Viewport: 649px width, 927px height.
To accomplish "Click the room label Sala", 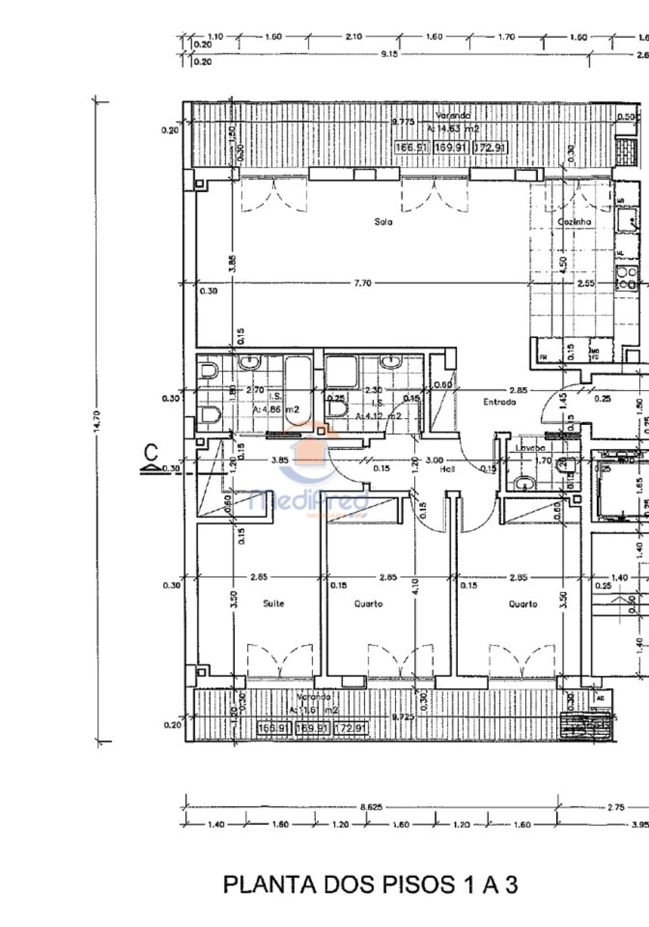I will tap(383, 221).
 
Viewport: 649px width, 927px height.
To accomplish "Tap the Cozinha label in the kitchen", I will tap(574, 221).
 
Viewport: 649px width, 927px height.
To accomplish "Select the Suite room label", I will tap(273, 604).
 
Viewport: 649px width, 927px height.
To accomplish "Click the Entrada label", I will tap(499, 402).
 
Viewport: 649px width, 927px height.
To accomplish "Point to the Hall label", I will tap(447, 469).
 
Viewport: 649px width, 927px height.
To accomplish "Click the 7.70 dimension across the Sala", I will tap(363, 283).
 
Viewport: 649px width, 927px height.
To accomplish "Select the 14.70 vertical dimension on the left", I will tap(97, 422).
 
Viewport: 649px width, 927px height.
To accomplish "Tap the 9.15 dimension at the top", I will tap(389, 54).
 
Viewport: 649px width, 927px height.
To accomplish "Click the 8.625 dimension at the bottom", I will tap(371, 807).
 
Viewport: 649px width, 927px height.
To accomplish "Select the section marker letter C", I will tap(151, 451).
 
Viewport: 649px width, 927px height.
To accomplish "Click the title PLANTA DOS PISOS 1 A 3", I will tap(370, 885).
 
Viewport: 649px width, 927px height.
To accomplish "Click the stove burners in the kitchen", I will tap(627, 278).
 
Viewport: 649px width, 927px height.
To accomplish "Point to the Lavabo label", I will tap(530, 448).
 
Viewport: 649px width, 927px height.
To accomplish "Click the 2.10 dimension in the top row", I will tap(353, 36).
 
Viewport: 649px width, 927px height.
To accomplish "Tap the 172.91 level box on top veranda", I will tap(489, 147).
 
